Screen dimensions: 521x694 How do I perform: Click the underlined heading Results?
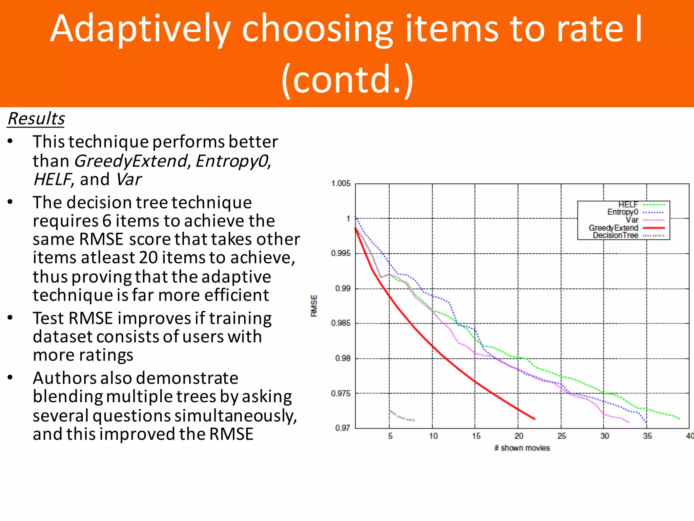(36, 119)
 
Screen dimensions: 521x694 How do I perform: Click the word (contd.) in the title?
(348, 79)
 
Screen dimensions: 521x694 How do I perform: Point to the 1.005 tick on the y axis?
(341, 184)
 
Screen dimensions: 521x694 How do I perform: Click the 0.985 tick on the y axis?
(341, 323)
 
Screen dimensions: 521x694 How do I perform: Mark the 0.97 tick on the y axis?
(343, 428)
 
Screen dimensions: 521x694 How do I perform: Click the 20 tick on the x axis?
(518, 436)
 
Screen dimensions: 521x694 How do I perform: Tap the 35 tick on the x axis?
(647, 436)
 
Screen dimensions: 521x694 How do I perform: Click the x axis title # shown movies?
(522, 448)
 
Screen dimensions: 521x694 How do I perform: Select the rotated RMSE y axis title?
(314, 306)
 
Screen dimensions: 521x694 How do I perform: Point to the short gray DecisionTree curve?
(402, 416)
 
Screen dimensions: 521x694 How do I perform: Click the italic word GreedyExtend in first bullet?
(130, 161)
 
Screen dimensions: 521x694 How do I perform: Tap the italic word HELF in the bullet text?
(53, 179)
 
